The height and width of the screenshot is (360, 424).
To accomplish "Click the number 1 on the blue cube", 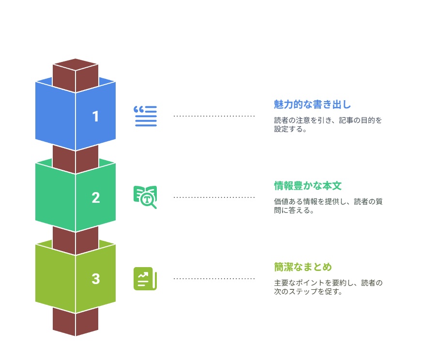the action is (x=95, y=117).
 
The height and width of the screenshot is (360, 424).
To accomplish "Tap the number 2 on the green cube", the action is (x=96, y=197).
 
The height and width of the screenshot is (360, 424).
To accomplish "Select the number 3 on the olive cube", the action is (x=96, y=279).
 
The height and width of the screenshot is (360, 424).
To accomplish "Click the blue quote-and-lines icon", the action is (x=145, y=116).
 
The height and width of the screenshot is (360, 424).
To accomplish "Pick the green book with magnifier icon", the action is (x=145, y=197).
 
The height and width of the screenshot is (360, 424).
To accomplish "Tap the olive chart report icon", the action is (x=145, y=279).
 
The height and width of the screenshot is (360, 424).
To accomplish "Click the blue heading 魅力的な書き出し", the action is (x=312, y=105).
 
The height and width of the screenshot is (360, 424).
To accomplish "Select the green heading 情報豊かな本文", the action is (x=308, y=186).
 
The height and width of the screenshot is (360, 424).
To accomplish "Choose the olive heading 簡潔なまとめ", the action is (x=303, y=267).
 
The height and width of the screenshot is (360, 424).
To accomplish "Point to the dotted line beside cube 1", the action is (x=214, y=116).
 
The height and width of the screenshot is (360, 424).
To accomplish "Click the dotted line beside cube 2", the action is (x=214, y=197).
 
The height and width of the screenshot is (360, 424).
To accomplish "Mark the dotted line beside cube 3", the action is (x=214, y=278).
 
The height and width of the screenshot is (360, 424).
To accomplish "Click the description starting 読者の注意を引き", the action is (x=328, y=124).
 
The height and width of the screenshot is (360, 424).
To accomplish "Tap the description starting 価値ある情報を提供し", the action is (x=328, y=206).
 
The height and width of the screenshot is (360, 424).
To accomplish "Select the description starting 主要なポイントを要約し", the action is (x=328, y=287).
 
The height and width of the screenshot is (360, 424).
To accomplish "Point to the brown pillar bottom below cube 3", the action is (x=76, y=322).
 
